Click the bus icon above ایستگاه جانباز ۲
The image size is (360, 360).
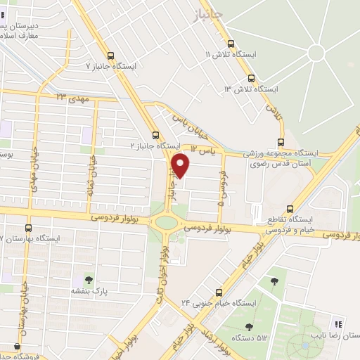[155, 136]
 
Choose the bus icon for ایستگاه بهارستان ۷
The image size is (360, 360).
[28, 228]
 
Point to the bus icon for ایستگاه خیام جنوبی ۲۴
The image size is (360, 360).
[219, 292]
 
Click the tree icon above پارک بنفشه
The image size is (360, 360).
[89, 279]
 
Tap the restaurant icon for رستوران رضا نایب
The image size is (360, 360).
[338, 325]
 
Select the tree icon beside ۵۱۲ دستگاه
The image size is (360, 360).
[249, 326]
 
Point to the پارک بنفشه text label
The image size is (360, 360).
[89, 290]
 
